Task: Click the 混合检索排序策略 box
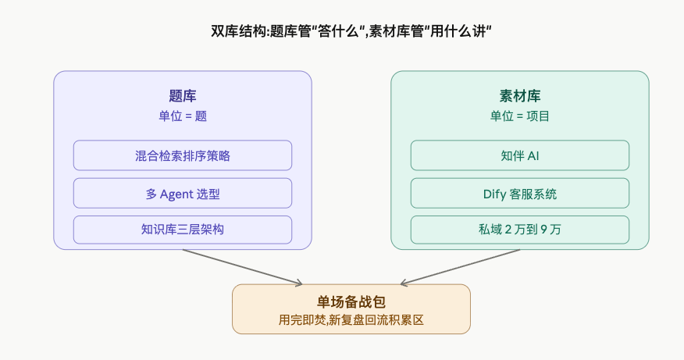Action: point(183,155)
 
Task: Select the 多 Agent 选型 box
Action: point(183,193)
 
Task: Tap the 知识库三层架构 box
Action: point(183,230)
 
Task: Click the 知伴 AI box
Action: point(519,155)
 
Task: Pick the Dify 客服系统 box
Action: point(519,193)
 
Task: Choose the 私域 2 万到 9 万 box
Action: point(519,230)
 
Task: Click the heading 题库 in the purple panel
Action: point(183,96)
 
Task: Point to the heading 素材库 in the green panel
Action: point(519,96)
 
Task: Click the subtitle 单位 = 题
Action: point(183,116)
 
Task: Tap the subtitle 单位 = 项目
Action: point(519,116)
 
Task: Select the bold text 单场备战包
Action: point(351,302)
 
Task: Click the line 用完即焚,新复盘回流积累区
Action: point(351,320)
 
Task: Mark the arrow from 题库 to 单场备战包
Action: point(242,267)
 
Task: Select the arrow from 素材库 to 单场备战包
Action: point(461,267)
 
